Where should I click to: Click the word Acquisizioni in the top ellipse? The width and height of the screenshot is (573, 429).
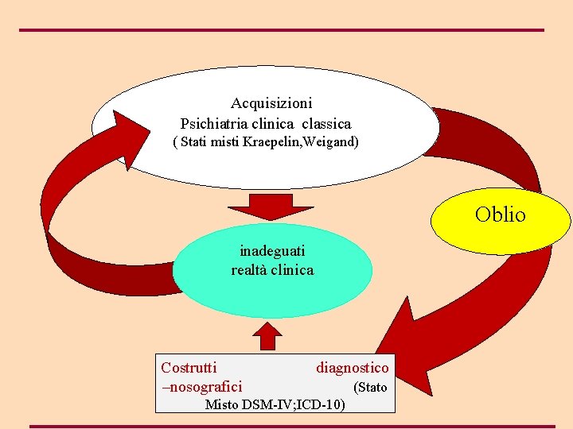(x=271, y=103)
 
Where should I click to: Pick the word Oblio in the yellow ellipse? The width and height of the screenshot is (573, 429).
(x=501, y=214)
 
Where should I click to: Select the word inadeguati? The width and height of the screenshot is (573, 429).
(x=272, y=250)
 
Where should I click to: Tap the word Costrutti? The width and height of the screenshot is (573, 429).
(x=189, y=367)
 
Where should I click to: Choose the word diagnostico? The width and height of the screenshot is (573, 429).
(x=353, y=367)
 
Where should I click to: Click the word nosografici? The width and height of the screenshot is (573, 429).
(x=205, y=387)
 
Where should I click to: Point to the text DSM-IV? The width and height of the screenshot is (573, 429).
(x=270, y=404)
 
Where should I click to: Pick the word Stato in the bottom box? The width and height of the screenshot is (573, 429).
(x=371, y=388)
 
